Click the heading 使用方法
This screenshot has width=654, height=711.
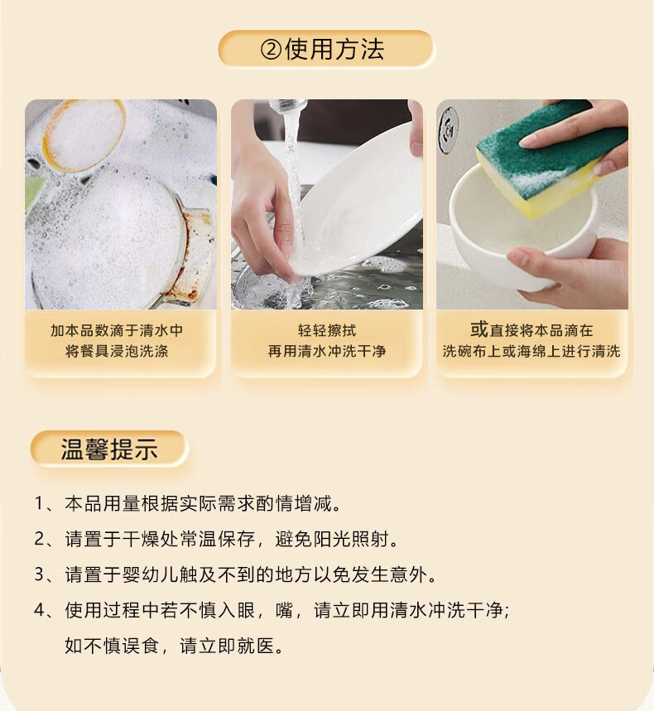click(x=334, y=49)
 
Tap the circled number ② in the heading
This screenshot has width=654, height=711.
click(x=272, y=50)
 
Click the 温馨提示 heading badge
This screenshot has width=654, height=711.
click(x=108, y=449)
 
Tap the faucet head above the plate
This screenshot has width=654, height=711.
click(x=289, y=107)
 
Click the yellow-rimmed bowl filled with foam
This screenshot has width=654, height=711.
click(x=83, y=135)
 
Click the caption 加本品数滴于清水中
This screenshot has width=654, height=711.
click(x=117, y=330)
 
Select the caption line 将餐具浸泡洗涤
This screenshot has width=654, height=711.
click(x=117, y=351)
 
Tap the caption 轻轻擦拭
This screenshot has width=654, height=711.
click(x=327, y=330)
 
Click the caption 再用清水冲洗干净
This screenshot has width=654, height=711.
click(x=327, y=351)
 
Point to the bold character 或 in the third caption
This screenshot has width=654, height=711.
click(x=479, y=329)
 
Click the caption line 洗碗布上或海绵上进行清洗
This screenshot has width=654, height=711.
click(x=531, y=351)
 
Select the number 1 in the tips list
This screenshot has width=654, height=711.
click(x=39, y=504)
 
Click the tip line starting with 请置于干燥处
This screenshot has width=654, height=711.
click(x=231, y=539)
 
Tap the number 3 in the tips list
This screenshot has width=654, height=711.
click(x=39, y=574)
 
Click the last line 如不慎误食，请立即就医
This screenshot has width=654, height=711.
click(x=174, y=646)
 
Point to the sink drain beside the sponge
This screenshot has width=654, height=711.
click(x=449, y=124)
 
